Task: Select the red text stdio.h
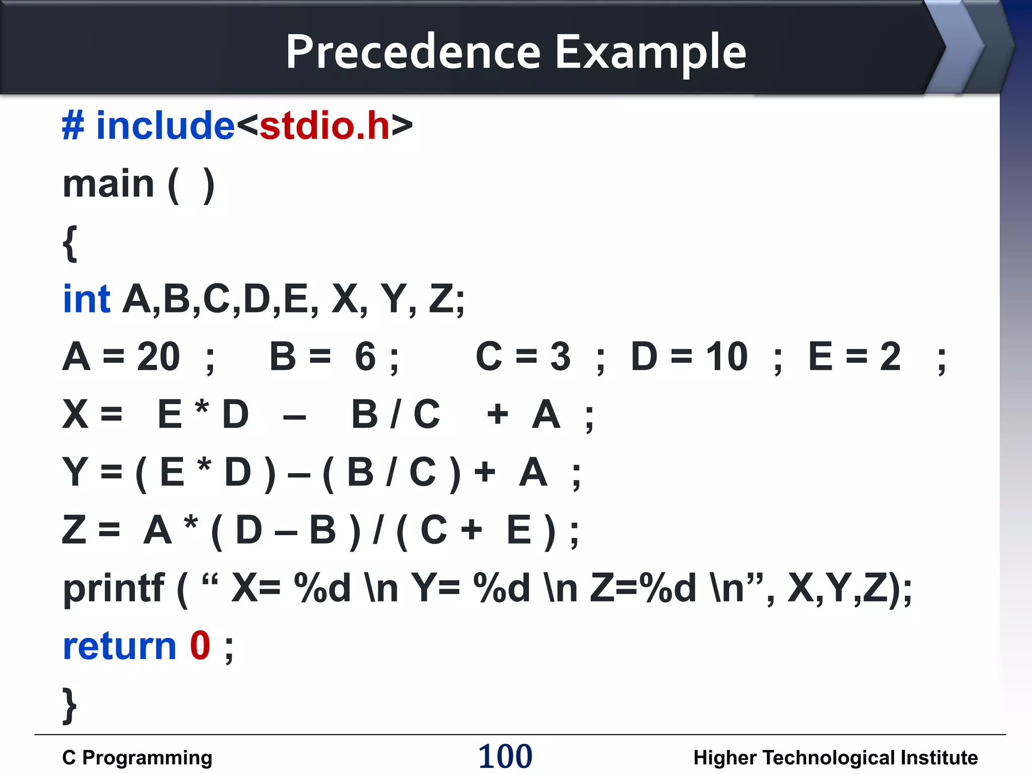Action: pyautogui.click(x=325, y=125)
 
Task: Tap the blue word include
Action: pyautogui.click(x=165, y=125)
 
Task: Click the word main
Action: pyautogui.click(x=108, y=184)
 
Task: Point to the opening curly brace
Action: pyautogui.click(x=70, y=243)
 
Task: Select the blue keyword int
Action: pyautogui.click(x=86, y=299)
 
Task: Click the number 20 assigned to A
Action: pyautogui.click(x=158, y=357)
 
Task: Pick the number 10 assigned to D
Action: pyautogui.click(x=727, y=357)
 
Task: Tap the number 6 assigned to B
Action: pyautogui.click(x=365, y=357)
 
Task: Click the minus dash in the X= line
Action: pyautogui.click(x=294, y=417)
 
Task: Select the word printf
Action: pyautogui.click(x=113, y=589)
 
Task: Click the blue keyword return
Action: pyautogui.click(x=119, y=646)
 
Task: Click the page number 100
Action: pyautogui.click(x=505, y=756)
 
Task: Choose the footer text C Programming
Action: pyautogui.click(x=137, y=758)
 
